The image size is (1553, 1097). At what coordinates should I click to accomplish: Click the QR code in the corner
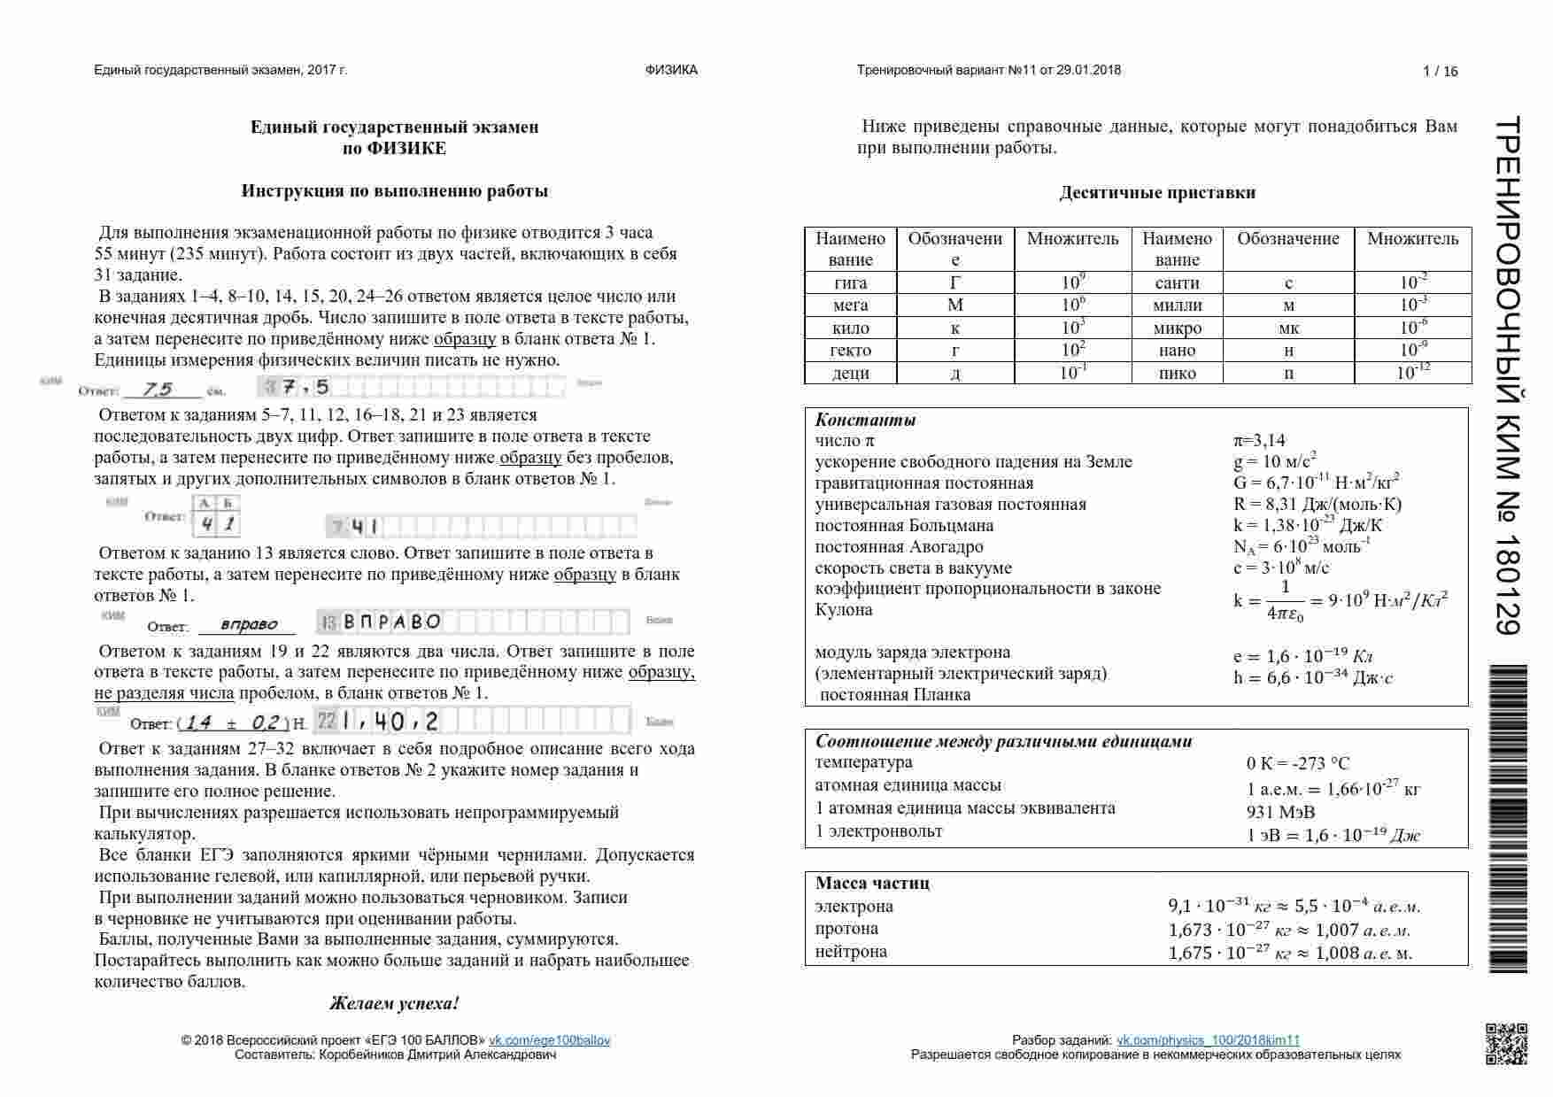coord(1505,1042)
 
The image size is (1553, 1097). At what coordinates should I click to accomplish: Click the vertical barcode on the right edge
coord(1507,819)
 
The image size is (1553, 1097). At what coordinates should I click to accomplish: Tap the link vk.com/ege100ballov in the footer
coord(549,1040)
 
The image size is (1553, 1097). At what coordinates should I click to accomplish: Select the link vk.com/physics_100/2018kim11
coord(1208,1040)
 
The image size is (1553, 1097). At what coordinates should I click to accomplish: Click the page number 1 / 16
coord(1440,72)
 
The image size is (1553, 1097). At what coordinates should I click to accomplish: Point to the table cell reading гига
coord(850,283)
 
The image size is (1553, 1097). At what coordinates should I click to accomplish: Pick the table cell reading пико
coord(1177,373)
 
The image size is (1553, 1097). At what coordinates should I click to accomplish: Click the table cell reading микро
coord(1177,328)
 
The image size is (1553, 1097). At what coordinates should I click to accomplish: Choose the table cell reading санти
coord(1177,283)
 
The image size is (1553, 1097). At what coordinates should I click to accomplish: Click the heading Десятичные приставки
coord(1156,193)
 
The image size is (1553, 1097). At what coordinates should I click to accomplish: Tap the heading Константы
coord(865,421)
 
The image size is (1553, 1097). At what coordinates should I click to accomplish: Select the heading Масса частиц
coord(872,883)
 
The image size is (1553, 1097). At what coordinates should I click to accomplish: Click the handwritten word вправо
coord(248,625)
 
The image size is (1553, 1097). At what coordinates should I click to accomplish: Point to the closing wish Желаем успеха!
coord(394,1003)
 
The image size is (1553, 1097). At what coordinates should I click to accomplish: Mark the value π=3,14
coord(1259,441)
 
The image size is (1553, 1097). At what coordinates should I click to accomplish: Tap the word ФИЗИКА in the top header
coord(671,70)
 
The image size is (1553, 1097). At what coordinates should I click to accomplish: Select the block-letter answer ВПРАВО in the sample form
coord(391,622)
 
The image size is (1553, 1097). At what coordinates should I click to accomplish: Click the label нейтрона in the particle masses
coord(851,952)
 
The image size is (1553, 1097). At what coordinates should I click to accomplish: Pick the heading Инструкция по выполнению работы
coord(394,191)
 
